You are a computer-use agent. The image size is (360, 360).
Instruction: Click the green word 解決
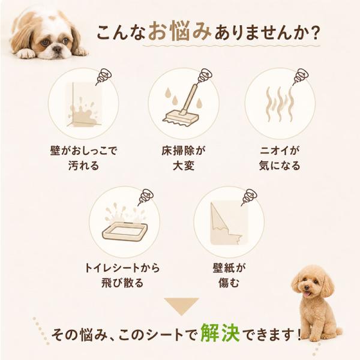coord(220,333)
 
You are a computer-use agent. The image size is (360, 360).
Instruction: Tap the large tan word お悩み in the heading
coord(179,31)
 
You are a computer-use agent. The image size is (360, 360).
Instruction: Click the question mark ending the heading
coord(313,33)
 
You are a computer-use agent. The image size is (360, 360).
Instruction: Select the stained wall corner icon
coord(85,104)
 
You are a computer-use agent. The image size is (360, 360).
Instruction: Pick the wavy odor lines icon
coord(280,104)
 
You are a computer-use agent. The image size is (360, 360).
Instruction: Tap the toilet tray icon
coord(124,225)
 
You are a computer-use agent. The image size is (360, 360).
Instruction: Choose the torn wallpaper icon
coord(229,223)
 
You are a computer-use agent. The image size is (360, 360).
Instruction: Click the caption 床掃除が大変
coord(184,158)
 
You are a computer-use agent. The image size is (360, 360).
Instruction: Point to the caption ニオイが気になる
coord(280,158)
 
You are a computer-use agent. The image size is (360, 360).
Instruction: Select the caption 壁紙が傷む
coord(229,275)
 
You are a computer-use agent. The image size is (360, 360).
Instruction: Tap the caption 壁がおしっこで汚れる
coord(83,158)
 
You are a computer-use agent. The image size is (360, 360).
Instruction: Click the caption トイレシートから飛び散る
coord(122,275)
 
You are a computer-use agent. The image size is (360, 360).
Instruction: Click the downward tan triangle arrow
coord(181,305)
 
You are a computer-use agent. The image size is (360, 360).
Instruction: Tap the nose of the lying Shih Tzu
coord(57,49)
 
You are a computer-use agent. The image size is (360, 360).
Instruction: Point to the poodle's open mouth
coord(308,294)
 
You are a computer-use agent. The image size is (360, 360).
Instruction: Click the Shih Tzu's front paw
coord(26,54)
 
